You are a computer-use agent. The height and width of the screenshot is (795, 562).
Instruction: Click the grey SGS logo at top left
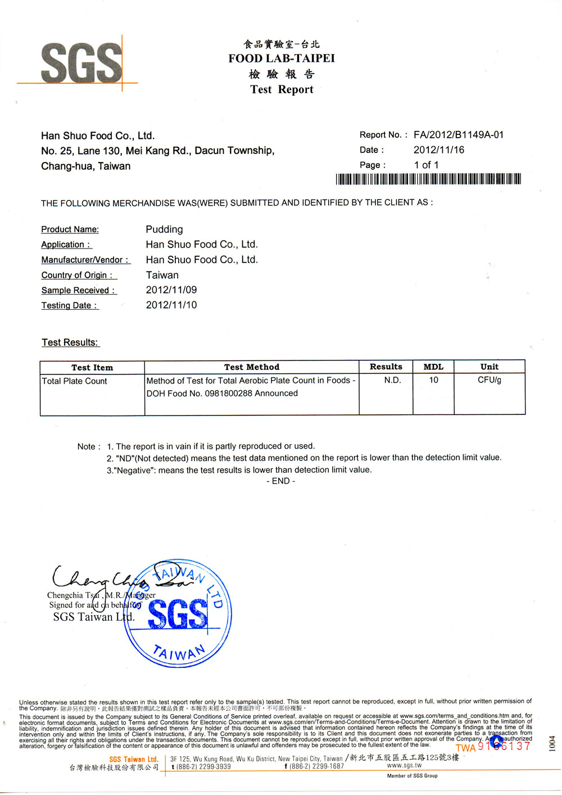point(81,64)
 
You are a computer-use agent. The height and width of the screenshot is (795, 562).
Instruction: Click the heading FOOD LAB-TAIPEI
point(281,58)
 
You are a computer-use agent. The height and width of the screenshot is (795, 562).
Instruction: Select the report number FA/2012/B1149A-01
point(459,135)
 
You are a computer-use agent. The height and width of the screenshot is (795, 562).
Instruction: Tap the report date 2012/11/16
point(439,150)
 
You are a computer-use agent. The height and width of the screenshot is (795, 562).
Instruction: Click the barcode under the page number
point(428,179)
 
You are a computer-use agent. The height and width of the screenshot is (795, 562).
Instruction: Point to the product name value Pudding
point(164,229)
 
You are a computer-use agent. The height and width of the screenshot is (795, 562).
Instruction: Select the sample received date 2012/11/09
point(171,290)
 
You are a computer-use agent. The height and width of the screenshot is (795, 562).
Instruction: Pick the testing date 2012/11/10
point(171,305)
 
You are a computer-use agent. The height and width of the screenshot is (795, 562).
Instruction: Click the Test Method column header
point(251,367)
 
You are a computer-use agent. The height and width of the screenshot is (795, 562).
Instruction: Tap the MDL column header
point(433,367)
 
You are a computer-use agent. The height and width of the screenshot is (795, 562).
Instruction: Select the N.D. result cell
point(393,381)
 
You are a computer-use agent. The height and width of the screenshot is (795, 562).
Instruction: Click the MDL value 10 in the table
point(433,381)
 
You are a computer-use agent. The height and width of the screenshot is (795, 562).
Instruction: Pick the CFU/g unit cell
point(489,381)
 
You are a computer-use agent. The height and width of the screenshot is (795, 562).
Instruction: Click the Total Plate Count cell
point(74,381)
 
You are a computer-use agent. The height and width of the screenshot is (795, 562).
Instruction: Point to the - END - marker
point(280,481)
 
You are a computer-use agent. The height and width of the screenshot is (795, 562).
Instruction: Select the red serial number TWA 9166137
point(493,747)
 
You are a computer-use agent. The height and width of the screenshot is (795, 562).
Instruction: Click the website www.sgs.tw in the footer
point(404,766)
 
